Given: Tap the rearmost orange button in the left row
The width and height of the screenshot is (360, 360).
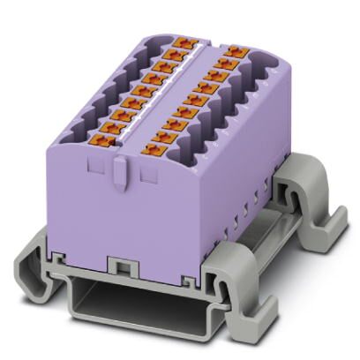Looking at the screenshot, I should point(183,42).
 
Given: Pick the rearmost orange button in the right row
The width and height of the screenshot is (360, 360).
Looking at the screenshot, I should point(233,51).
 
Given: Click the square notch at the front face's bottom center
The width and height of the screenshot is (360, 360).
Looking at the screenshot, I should point(116,266).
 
